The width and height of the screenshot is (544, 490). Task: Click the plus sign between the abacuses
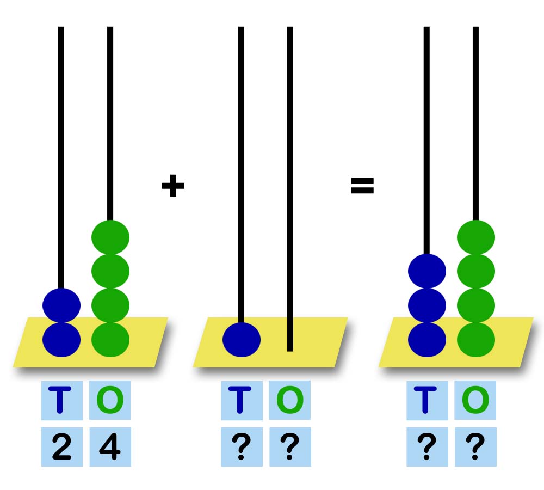[173, 186]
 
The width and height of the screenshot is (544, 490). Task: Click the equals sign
[362, 186]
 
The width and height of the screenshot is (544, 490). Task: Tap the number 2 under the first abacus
[62, 446]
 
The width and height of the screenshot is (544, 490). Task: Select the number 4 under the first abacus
[110, 446]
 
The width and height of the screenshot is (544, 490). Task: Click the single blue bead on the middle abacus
[242, 340]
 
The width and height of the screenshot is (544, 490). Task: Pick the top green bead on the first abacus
[110, 237]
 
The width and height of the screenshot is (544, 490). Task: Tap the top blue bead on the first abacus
[61, 305]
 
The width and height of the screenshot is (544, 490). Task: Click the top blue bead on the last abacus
[427, 271]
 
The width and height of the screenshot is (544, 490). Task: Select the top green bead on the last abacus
[476, 237]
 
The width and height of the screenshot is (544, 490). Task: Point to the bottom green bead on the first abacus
[110, 340]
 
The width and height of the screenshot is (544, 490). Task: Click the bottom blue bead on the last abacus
[427, 340]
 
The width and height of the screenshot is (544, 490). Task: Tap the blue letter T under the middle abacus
[240, 400]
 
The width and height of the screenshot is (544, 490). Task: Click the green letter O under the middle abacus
[290, 400]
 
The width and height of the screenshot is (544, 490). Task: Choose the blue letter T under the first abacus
[60, 400]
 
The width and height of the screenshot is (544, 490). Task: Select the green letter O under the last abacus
[475, 400]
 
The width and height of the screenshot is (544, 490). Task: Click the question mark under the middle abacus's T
[242, 446]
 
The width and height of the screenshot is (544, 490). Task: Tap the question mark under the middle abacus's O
[290, 446]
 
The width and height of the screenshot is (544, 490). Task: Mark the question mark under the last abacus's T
[427, 446]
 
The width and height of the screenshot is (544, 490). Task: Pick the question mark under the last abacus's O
[475, 446]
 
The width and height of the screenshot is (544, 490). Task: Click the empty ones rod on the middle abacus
[290, 189]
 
